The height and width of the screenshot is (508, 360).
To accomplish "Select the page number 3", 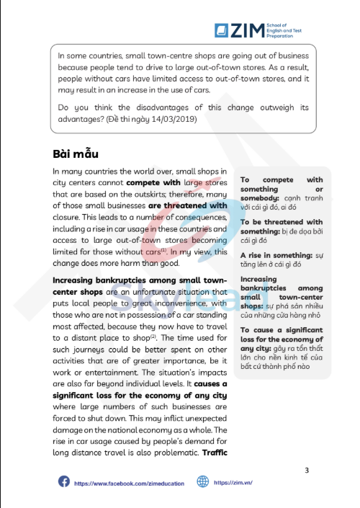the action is (307, 471).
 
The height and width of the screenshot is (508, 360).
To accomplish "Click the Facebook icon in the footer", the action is (63, 482).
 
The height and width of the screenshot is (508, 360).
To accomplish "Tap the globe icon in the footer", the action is (203, 482).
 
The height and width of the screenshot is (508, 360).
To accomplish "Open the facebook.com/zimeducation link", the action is (129, 483).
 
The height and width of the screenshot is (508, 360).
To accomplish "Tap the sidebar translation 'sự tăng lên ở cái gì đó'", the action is (282, 264).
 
